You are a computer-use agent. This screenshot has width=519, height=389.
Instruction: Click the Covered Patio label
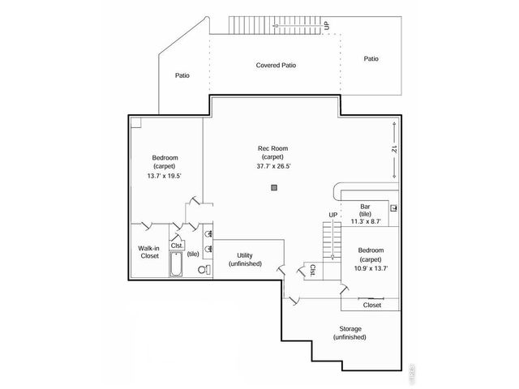(275, 65)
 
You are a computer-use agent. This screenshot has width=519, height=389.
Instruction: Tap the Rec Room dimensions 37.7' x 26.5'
(273, 166)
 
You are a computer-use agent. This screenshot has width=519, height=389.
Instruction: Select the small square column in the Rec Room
(274, 187)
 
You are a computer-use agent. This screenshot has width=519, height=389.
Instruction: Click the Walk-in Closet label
(148, 252)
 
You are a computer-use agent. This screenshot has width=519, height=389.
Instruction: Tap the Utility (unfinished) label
(245, 259)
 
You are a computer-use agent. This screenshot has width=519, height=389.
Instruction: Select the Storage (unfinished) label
(350, 332)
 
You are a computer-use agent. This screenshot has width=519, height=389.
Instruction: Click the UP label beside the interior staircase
(332, 214)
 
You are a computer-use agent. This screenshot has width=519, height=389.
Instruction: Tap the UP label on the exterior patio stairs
(327, 26)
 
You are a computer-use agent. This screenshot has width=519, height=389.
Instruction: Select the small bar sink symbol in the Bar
(394, 209)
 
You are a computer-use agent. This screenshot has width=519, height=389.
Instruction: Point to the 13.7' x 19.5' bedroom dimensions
(165, 176)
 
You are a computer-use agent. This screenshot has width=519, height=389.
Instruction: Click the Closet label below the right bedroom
(372, 306)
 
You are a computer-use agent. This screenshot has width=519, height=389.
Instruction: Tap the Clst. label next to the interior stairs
(312, 269)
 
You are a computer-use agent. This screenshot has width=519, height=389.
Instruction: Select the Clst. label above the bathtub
(177, 246)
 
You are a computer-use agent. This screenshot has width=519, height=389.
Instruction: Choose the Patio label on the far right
(371, 58)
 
